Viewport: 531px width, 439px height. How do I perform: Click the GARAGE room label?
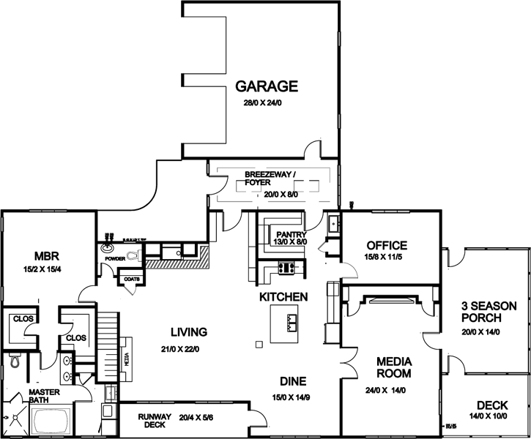266,86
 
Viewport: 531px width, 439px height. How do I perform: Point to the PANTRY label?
291,234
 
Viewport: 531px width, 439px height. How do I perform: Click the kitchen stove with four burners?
286,268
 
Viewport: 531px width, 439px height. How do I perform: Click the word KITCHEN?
283,297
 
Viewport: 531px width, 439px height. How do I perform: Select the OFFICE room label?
386,244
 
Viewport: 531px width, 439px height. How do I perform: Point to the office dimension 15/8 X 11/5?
386,258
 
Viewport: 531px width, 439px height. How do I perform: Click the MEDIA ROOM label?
394,367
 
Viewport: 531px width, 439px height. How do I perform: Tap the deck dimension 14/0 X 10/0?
486,416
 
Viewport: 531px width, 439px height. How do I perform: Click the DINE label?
292,381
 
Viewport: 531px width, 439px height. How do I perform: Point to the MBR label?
45,256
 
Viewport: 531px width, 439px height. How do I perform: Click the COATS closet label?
133,278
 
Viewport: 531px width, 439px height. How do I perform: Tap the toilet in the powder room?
133,255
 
